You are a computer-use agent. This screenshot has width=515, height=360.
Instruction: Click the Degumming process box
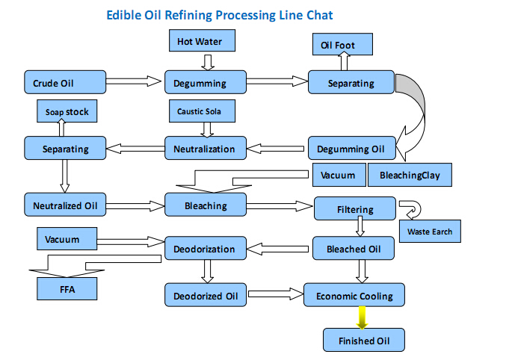click(205, 83)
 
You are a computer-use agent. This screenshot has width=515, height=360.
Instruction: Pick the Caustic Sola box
click(205, 112)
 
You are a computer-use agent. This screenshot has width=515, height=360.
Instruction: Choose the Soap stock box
click(67, 112)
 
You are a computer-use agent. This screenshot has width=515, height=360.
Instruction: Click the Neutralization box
click(205, 149)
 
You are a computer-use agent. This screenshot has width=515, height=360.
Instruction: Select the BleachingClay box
click(410, 176)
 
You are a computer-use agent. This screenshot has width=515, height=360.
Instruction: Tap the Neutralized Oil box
click(64, 204)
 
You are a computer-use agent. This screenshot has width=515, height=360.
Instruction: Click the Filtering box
click(354, 209)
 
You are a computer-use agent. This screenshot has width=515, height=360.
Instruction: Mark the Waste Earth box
click(430, 232)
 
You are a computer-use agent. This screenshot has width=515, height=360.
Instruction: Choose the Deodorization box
click(205, 249)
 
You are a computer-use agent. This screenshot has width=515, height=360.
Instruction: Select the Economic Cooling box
click(354, 295)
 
